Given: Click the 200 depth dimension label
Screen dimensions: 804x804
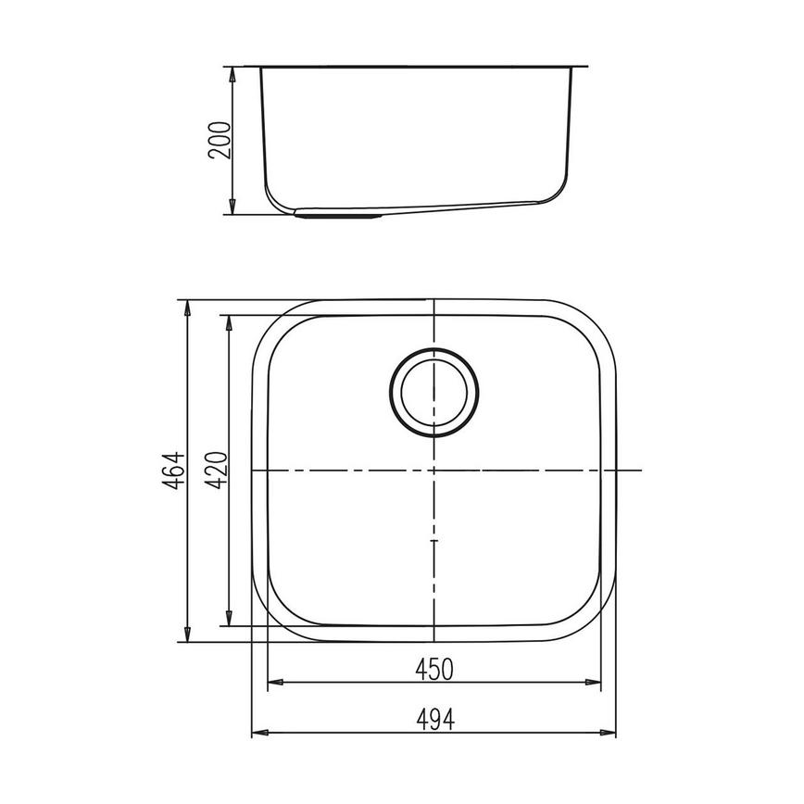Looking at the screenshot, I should (x=219, y=140).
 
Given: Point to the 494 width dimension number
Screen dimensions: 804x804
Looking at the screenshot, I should (x=433, y=719).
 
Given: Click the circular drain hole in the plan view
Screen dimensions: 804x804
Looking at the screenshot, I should (x=434, y=392).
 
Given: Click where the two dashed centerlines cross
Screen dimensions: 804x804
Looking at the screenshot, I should (x=434, y=471).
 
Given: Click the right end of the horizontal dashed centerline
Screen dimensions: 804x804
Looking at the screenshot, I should (x=641, y=471).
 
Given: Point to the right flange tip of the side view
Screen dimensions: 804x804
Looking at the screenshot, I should (x=586, y=66).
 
